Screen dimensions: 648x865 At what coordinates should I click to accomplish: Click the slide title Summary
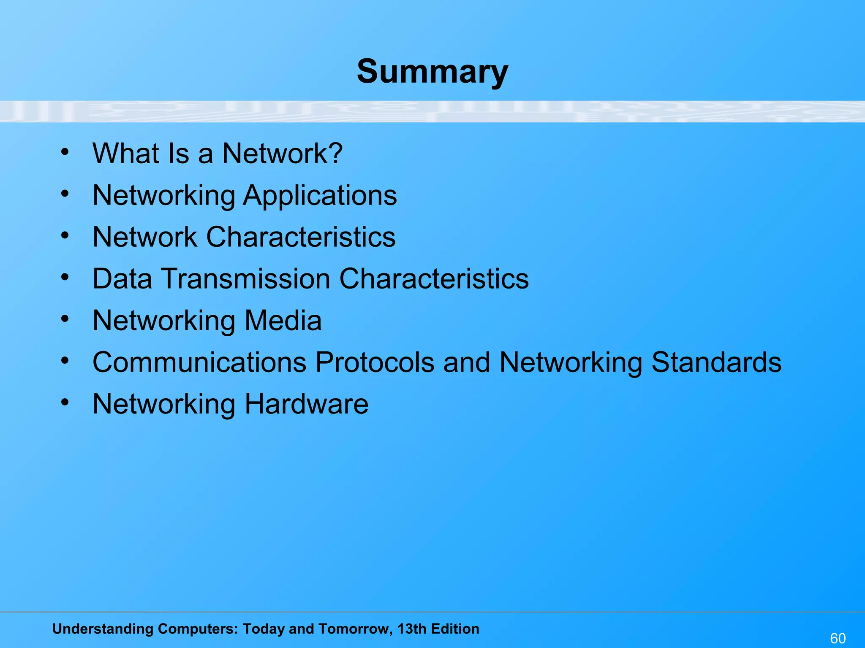click(432, 72)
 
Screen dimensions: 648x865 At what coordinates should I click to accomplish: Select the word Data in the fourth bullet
click(122, 279)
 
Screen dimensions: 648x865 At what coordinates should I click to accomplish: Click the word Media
click(283, 321)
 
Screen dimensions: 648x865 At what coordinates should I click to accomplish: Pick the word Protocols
click(375, 362)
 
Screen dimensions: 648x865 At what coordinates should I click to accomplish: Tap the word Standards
click(716, 362)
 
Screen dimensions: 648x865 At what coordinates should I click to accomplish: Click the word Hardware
click(306, 404)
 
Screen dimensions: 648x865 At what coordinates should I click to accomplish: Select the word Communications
click(199, 362)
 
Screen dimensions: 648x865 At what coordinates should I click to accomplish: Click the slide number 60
click(838, 638)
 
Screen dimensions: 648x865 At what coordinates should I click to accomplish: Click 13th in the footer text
click(412, 629)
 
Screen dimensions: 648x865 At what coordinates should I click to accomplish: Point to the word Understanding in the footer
click(103, 629)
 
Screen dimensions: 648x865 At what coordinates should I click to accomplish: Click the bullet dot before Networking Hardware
click(65, 402)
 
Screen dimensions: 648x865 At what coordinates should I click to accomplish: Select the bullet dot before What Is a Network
click(65, 152)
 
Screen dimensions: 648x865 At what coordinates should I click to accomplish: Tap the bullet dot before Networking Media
click(65, 319)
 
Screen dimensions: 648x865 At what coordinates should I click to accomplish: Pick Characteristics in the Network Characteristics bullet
click(301, 237)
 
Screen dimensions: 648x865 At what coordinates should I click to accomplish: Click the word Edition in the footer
click(455, 629)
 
